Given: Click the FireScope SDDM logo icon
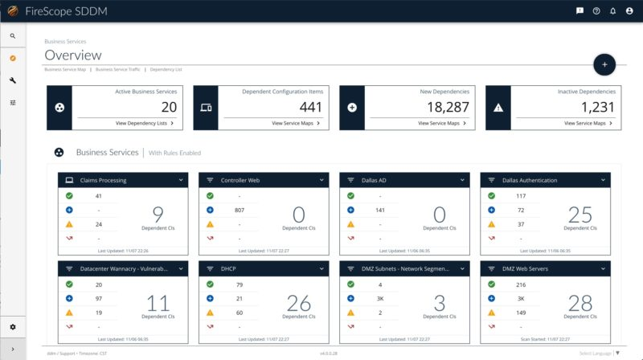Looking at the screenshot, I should [13, 11].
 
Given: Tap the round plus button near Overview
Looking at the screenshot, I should [604, 63].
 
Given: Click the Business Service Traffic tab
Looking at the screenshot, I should [117, 70].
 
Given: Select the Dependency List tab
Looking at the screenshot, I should [166, 70].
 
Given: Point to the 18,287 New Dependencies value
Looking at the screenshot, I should [447, 106].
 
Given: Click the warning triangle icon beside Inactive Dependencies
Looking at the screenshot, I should [498, 108].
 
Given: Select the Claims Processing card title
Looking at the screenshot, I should [104, 180].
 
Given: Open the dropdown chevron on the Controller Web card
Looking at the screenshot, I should [321, 180].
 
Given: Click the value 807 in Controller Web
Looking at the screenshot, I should [239, 210].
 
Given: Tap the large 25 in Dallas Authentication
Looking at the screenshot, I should [580, 214].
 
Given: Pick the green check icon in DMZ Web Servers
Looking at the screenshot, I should [490, 284].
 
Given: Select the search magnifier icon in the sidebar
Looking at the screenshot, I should [13, 36].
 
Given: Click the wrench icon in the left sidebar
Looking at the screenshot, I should [13, 80].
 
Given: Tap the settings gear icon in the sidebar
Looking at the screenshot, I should [13, 327].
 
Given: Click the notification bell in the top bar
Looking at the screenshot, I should [612, 11].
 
